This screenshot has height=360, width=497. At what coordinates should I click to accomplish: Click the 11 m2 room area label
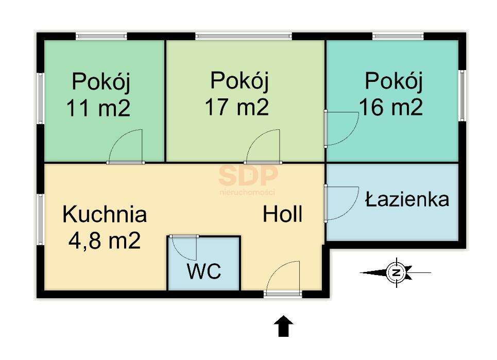pos(98,109)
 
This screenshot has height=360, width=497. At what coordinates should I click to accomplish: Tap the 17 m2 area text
pos(237,107)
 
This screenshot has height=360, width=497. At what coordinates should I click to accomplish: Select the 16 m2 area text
pos(391,107)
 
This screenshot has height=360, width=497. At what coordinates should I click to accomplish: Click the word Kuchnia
pos(105,214)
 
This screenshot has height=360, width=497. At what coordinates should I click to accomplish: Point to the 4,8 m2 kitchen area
pos(105,241)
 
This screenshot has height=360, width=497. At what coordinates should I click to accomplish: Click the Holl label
pos(282,214)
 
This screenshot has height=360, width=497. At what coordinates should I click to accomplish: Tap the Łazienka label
pos(407,199)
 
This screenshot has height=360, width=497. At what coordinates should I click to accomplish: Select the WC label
pos(204,271)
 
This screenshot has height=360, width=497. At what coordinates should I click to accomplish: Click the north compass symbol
pos(396,272)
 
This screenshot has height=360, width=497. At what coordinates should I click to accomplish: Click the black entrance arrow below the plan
pos(283,327)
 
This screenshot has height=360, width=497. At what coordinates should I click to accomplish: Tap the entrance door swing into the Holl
pos(283,278)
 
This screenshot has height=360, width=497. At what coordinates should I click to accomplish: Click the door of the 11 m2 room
pos(126,148)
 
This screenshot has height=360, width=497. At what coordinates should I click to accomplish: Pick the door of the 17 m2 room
pos(264,148)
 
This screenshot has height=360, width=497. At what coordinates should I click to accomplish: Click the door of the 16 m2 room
pos(341,129)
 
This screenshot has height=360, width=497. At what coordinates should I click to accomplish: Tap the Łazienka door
pos(341,203)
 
